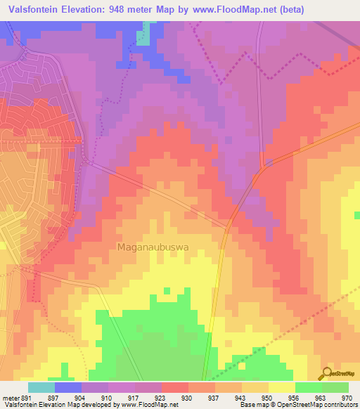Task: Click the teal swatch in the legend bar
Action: coord(41,387)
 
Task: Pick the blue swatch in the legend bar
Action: coord(67,387)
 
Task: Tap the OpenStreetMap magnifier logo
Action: coord(327,373)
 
